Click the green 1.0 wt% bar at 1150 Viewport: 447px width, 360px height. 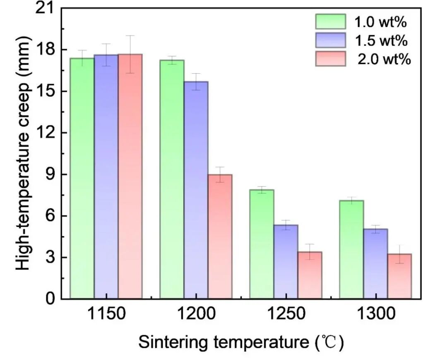click(x=82, y=178)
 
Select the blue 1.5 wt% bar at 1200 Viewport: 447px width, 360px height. click(x=196, y=190)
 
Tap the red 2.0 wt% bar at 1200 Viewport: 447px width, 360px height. click(x=220, y=237)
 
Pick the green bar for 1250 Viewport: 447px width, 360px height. click(x=262, y=244)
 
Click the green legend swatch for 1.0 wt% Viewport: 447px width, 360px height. click(x=330, y=21)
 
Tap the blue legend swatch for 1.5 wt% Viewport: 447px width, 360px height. click(x=330, y=40)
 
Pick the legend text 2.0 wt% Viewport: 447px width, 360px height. click(x=385, y=59)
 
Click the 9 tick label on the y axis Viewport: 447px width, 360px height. click(x=49, y=174)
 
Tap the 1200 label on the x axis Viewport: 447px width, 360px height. click(x=196, y=314)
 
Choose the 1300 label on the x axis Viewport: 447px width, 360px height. click(x=375, y=314)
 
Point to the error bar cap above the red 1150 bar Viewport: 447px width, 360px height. click(x=130, y=36)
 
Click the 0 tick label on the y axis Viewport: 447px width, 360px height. click(x=50, y=299)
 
